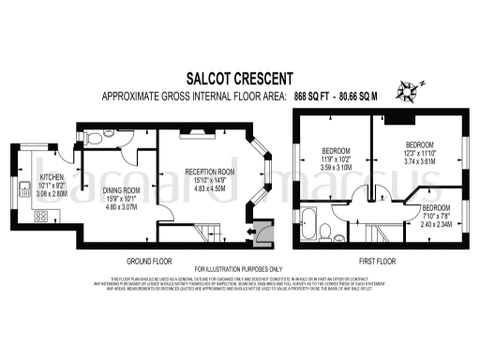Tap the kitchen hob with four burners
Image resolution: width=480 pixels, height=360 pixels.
pyautogui.click(x=42, y=216)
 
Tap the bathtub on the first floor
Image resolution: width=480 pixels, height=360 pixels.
pyautogui.click(x=310, y=223)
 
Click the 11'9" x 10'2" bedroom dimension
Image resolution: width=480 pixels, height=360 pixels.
pyautogui.click(x=336, y=159)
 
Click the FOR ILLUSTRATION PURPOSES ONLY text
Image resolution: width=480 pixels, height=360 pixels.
pyautogui.click(x=239, y=270)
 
